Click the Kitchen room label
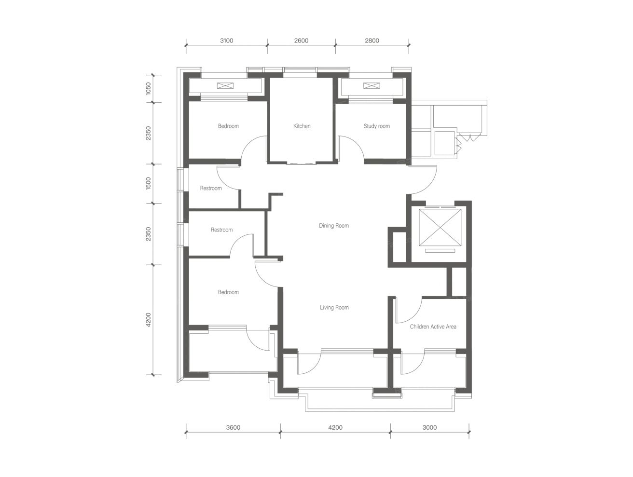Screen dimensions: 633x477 coord(302,126)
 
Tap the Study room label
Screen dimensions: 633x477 coord(377,126)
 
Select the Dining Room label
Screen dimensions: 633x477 coord(334,226)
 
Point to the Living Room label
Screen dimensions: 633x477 coord(334,308)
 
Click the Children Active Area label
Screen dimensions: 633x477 coord(433,327)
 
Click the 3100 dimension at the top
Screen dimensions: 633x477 coord(227,41)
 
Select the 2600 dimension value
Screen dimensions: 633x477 coord(301,41)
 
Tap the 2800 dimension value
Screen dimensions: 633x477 coord(372,41)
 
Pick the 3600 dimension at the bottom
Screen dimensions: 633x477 coord(233,427)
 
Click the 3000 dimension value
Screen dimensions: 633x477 coord(430,427)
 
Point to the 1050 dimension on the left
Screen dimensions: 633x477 coord(148,88)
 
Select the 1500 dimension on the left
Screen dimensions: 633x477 coord(148,183)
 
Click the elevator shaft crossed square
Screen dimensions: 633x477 coord(440,228)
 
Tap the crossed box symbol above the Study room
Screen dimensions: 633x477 coord(372,85)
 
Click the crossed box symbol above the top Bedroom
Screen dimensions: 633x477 coord(225,85)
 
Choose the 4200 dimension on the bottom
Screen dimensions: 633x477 coord(335,427)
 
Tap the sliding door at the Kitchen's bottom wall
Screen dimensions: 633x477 coord(302,164)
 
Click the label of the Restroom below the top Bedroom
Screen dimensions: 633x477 coord(211,188)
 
